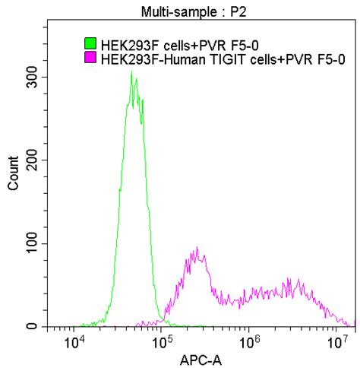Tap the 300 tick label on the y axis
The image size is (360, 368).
point(32,77)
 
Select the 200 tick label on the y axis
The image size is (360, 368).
point(32,160)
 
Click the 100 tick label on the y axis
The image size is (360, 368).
point(32,243)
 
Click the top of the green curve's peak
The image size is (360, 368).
point(131,71)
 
